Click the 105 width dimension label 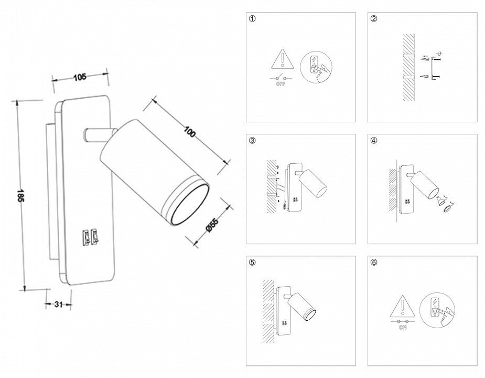tap(80, 77)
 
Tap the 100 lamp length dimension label tap(190, 132)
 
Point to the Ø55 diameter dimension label tap(212, 225)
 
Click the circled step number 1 tap(253, 19)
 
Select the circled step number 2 tap(374, 19)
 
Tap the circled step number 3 tap(253, 141)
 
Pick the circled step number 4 tap(374, 141)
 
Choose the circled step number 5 tap(253, 262)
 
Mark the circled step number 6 tap(374, 262)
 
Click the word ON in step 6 tap(403, 328)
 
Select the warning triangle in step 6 tap(403, 305)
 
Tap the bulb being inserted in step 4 tap(438, 200)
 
